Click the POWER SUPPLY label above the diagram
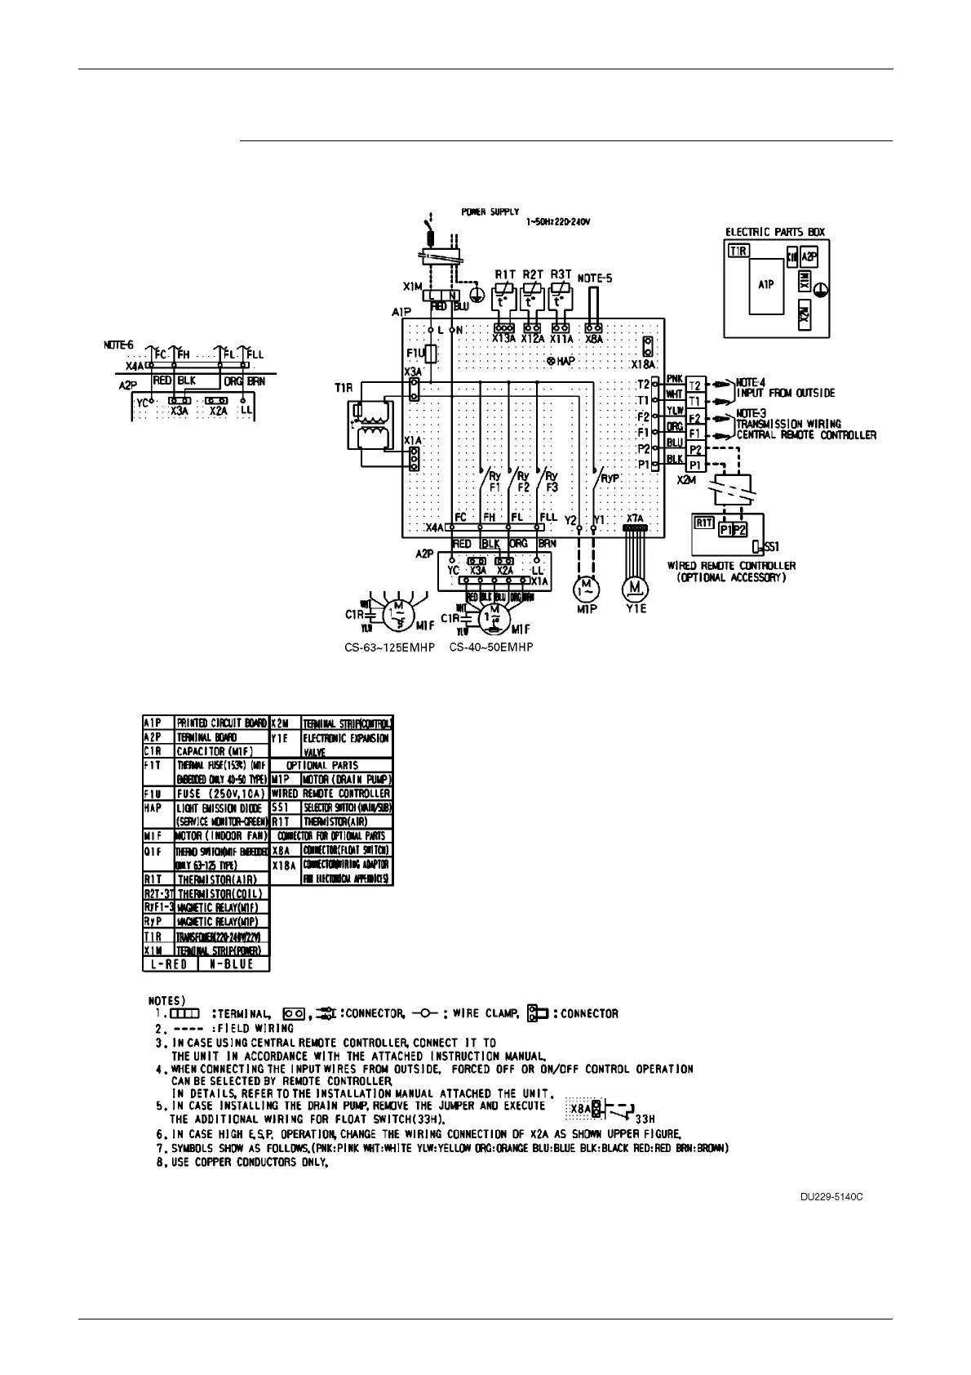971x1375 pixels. click(490, 212)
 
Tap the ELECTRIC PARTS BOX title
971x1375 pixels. click(775, 232)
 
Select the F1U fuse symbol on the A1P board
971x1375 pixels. click(433, 354)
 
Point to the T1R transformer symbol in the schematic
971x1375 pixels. click(368, 427)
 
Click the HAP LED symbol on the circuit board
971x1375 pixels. click(551, 361)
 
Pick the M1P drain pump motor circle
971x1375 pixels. click(585, 587)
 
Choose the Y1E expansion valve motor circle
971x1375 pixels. click(634, 587)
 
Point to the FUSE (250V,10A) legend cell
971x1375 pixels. click(221, 793)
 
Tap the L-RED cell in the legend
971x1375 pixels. click(170, 964)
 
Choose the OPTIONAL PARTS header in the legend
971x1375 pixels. click(330, 765)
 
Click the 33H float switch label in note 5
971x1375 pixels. click(645, 1118)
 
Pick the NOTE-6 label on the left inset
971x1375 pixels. click(118, 345)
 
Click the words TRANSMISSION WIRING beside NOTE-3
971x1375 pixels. click(788, 424)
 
